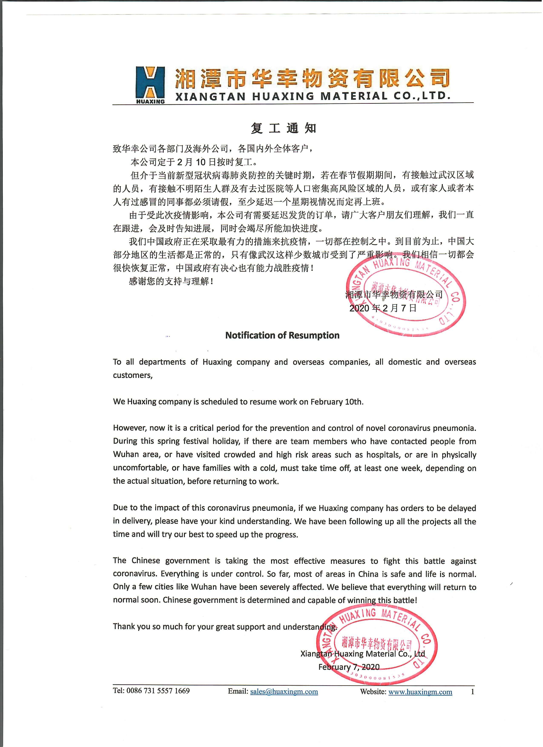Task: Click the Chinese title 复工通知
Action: click(283, 128)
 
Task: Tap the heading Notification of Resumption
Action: click(282, 335)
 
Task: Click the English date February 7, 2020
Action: click(349, 667)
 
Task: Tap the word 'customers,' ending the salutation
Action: click(133, 376)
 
